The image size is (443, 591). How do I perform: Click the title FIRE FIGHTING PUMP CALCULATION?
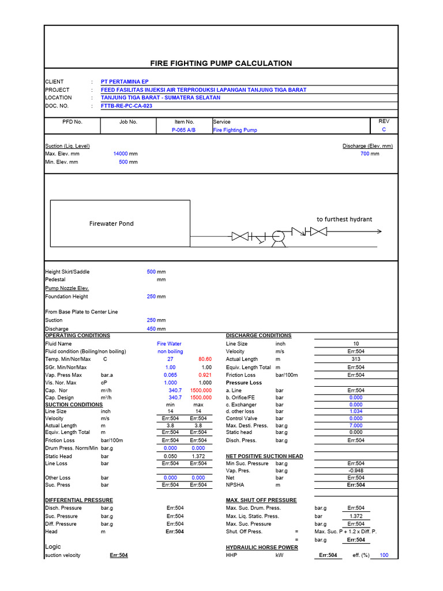tap(221, 63)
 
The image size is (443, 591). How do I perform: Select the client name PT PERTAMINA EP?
tap(125, 82)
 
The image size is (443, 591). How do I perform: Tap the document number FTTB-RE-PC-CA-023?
tap(127, 106)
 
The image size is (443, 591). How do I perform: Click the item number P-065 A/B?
tap(184, 130)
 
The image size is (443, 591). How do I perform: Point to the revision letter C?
tap(384, 130)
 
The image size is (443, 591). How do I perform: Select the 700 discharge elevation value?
tap(365, 154)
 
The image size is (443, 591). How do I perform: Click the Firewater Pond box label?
tap(111, 224)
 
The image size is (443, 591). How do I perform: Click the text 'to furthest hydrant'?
tap(344, 219)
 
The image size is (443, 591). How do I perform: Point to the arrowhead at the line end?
tap(379, 232)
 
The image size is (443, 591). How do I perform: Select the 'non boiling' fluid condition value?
tap(170, 351)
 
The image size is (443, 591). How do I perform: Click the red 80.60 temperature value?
tap(205, 359)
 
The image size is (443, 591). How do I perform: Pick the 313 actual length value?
tap(356, 359)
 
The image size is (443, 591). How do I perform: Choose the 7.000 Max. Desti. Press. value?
tap(356, 425)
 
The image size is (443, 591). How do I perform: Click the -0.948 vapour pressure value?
tap(356, 470)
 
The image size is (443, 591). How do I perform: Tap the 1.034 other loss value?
tap(356, 412)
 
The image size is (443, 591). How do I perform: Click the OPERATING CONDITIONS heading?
tap(77, 335)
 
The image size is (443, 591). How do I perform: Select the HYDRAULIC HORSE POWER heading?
tap(262, 547)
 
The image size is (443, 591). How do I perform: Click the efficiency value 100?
tap(383, 555)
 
